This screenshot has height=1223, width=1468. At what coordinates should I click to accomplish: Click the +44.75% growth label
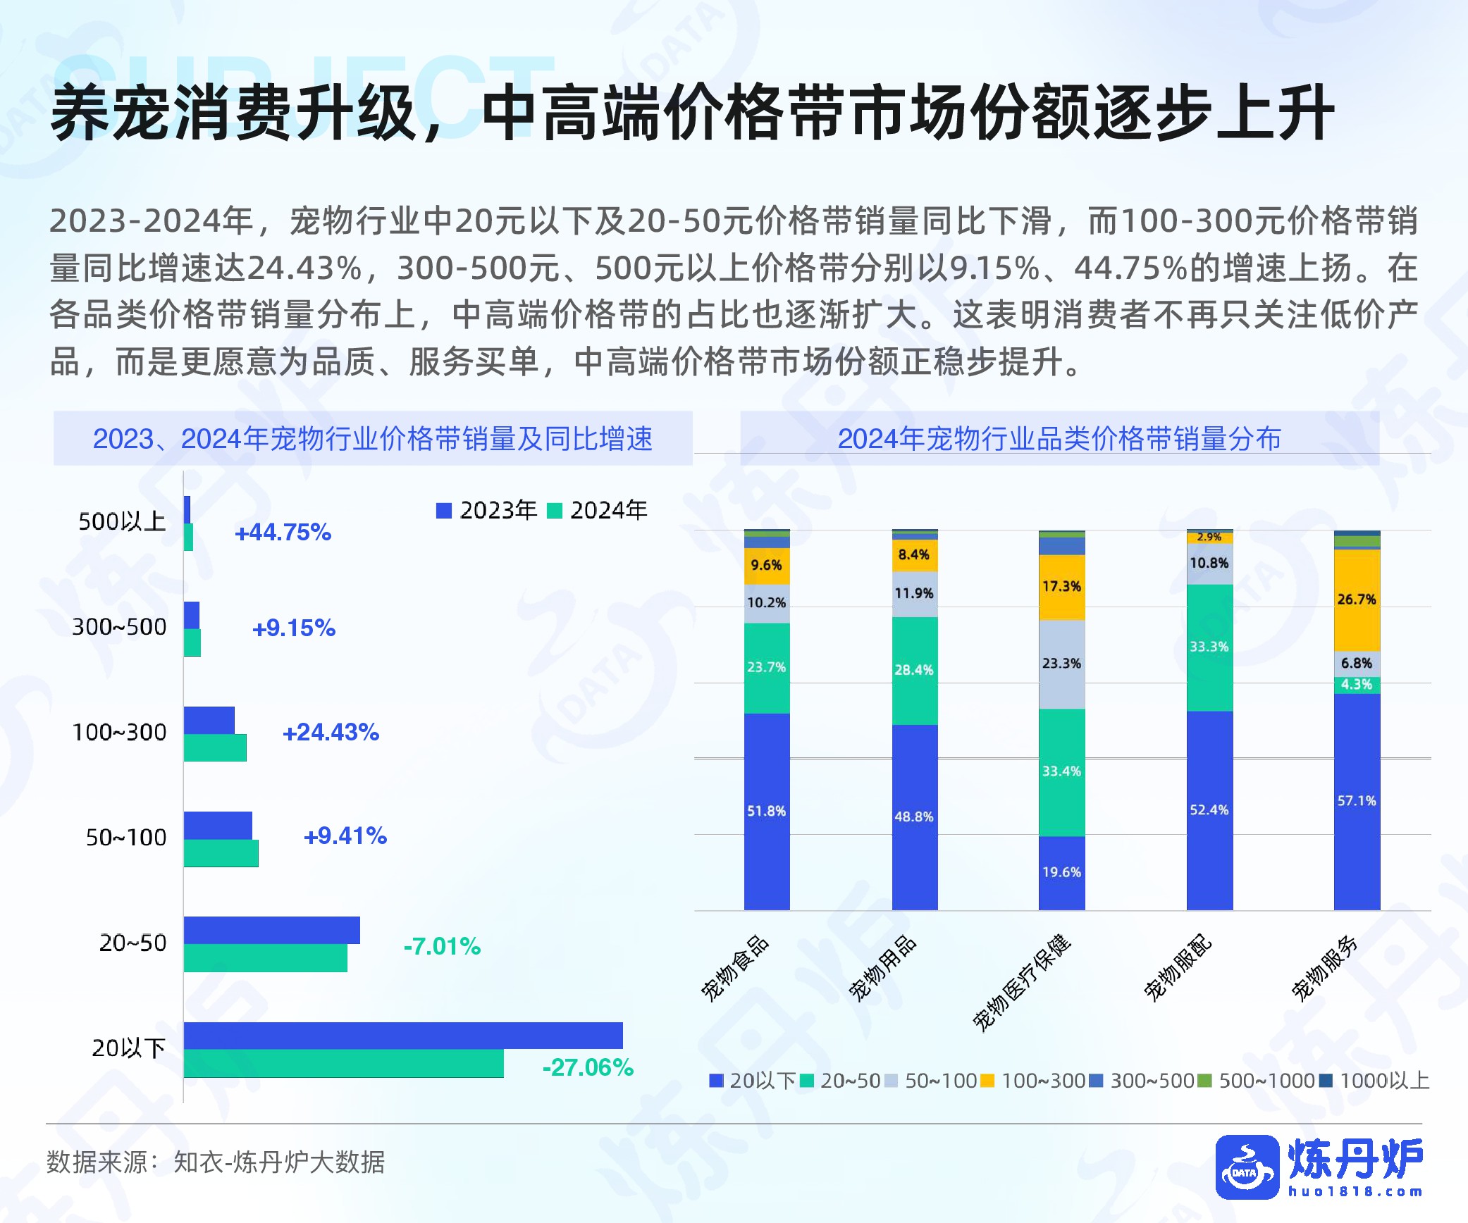click(283, 533)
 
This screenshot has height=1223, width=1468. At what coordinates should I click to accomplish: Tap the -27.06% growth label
click(587, 1067)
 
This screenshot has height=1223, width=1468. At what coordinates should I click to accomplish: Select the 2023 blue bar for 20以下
click(403, 1036)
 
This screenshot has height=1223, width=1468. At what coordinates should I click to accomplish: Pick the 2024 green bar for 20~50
click(265, 958)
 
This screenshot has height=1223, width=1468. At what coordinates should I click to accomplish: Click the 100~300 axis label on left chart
click(119, 733)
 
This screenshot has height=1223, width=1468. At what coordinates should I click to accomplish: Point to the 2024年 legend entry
click(598, 510)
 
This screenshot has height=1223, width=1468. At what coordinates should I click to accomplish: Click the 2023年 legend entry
click(487, 510)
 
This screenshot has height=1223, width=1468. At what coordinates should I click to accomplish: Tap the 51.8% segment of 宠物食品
click(767, 812)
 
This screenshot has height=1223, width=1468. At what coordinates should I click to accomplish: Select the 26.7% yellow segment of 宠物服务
click(1357, 600)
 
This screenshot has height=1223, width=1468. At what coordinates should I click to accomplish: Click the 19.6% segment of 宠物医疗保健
click(1061, 872)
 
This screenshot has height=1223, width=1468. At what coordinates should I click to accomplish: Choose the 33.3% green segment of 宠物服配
click(1209, 647)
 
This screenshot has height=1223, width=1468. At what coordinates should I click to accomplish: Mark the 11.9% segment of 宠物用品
click(914, 593)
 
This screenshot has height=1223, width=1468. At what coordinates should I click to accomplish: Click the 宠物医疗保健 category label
click(1023, 983)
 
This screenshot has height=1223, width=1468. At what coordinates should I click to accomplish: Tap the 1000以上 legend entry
click(1374, 1081)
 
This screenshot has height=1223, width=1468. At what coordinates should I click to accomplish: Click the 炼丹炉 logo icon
click(1247, 1167)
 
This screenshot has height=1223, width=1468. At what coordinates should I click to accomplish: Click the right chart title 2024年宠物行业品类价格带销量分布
click(1059, 438)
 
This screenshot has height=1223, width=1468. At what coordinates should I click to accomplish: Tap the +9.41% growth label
click(345, 836)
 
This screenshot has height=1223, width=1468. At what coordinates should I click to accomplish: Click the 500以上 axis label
click(122, 522)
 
